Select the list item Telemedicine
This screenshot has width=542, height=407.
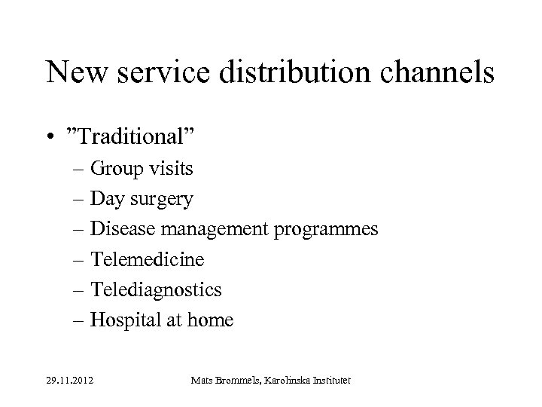coord(147,259)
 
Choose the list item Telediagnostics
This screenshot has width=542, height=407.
coord(156,290)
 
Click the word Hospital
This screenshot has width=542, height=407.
coord(124,321)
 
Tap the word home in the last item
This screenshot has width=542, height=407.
coord(212,320)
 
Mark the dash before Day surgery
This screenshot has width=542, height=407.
coord(80,199)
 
